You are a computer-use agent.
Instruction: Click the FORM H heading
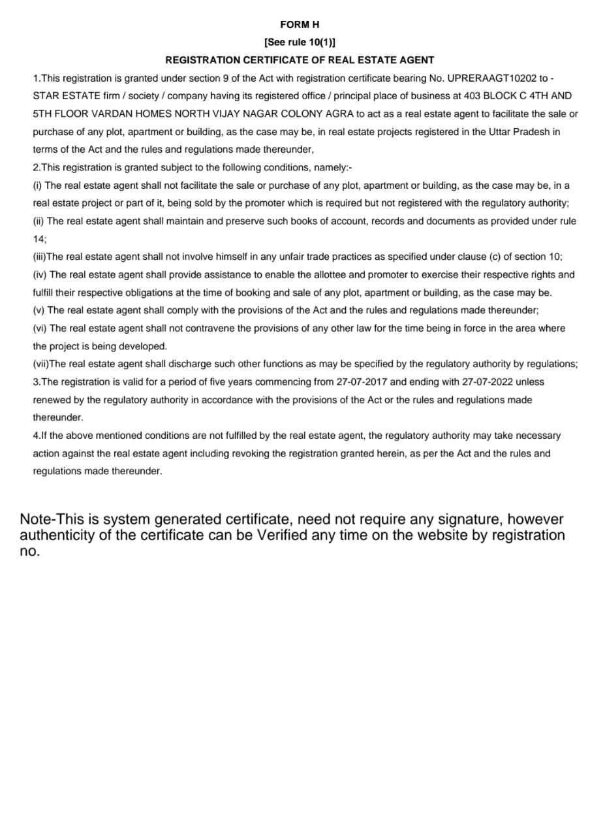300,25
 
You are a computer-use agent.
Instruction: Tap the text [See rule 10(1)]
300,42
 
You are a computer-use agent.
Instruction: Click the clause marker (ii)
39,221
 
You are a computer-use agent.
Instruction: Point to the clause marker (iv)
40,275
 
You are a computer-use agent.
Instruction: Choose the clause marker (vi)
40,329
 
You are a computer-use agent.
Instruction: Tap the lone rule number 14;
40,239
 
